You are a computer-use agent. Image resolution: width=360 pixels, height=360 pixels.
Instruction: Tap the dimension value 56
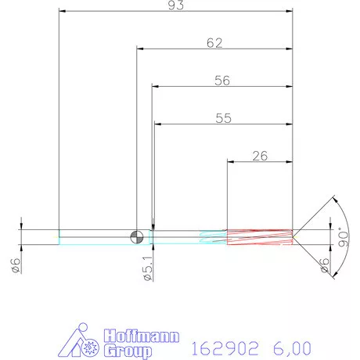[x=223, y=80]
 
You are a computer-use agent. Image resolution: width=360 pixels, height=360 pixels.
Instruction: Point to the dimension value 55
[x=223, y=118]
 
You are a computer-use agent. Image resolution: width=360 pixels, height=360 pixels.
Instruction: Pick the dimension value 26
[x=260, y=155]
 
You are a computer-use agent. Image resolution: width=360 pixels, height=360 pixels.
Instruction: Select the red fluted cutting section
[x=259, y=236]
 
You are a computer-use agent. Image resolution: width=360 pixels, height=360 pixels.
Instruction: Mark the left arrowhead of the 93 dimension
[x=63, y=13]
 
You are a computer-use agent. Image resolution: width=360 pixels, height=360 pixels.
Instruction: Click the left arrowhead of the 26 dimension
[x=230, y=161]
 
